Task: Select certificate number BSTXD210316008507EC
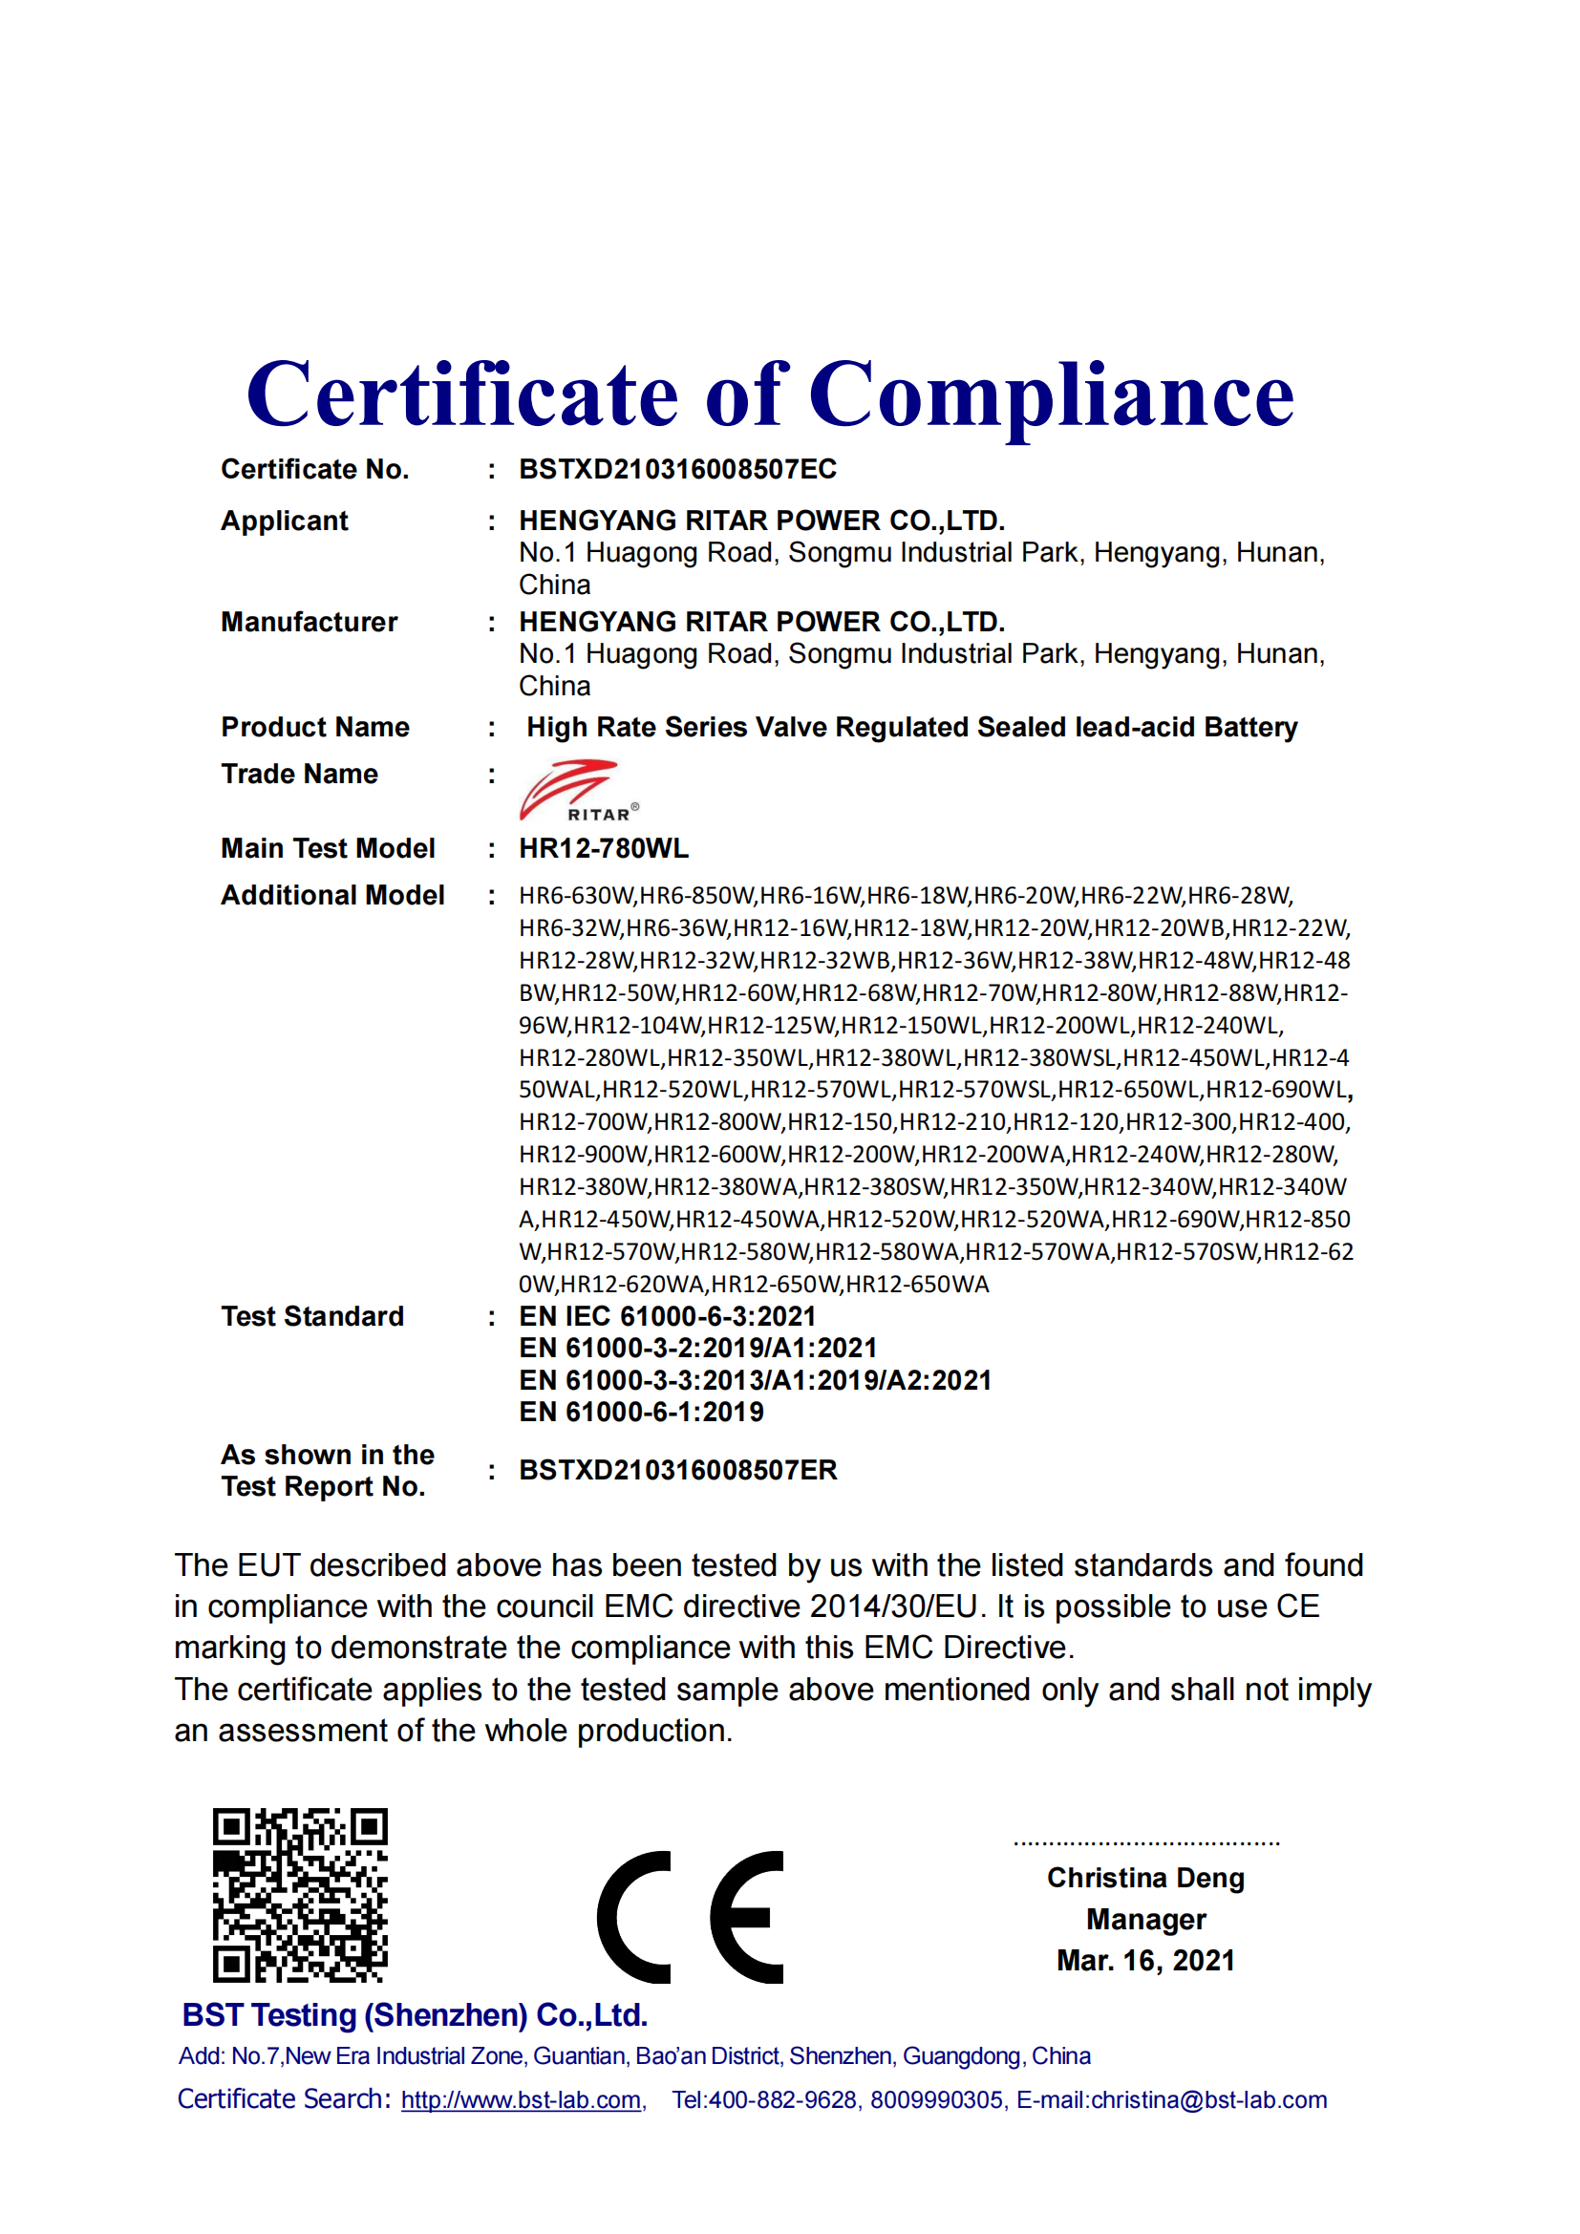(x=677, y=469)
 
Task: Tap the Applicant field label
(x=284, y=521)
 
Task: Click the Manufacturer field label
(x=309, y=622)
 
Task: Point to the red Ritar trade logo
(x=578, y=790)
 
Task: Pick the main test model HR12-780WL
(x=603, y=848)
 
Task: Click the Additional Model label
(x=332, y=895)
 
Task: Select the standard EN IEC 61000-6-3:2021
(x=667, y=1316)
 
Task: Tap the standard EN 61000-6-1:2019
(x=641, y=1412)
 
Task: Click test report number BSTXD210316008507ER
(x=677, y=1470)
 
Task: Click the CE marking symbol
(x=690, y=1917)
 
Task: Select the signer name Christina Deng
(x=1145, y=1878)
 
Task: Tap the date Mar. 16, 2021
(x=1145, y=1961)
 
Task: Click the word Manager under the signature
(x=1145, y=1920)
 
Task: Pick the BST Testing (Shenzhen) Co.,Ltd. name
(x=415, y=2015)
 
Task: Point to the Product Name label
(x=315, y=727)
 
